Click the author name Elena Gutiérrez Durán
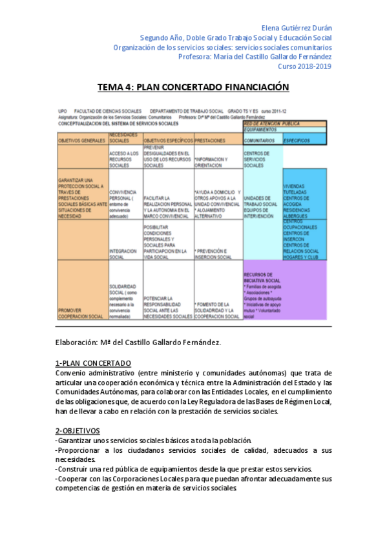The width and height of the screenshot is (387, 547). point(296,28)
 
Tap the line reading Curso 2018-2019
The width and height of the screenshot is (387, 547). point(304,66)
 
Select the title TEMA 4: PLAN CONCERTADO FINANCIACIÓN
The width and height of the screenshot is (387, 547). point(193,87)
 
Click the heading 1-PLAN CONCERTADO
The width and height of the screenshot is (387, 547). point(93,363)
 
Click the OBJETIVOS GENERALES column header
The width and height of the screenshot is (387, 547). point(81,140)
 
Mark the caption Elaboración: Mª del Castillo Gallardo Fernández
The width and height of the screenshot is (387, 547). point(139,342)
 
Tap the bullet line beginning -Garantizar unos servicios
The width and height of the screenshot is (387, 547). point(153,440)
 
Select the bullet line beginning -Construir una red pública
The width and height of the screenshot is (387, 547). point(183,469)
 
